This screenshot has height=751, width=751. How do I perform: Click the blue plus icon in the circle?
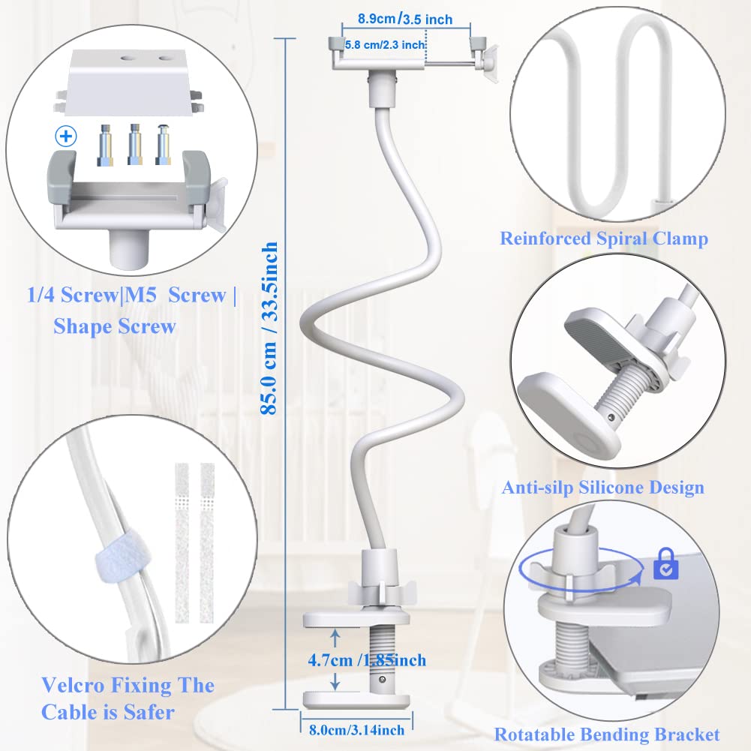(66, 137)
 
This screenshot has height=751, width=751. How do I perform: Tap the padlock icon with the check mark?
(665, 563)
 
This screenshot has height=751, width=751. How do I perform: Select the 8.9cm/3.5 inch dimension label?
(405, 20)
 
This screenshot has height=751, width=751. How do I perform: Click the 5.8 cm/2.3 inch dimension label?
(385, 45)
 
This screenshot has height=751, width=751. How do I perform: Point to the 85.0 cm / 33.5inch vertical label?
(269, 328)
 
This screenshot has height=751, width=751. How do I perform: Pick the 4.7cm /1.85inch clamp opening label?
(367, 660)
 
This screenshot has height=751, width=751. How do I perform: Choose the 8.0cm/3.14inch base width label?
(357, 730)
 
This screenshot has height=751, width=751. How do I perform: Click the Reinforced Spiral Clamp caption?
(604, 239)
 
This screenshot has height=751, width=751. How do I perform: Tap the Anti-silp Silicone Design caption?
(603, 488)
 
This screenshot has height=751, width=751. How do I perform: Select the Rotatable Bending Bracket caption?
(607, 734)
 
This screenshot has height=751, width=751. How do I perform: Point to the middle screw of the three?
(134, 145)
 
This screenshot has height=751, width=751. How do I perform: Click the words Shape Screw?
(115, 326)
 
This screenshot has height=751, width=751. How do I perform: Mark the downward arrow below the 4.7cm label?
(335, 680)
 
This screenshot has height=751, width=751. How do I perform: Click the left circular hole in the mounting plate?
(128, 59)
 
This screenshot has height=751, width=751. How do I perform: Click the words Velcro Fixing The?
(128, 686)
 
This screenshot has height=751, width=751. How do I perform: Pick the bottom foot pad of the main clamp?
(356, 700)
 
